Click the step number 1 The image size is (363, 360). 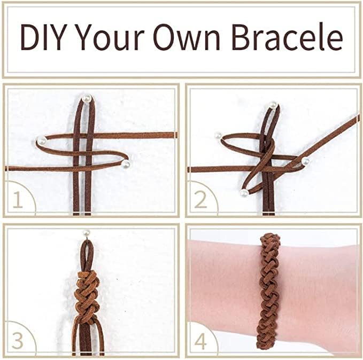18,200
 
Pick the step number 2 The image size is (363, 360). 200,200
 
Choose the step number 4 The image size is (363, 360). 200,340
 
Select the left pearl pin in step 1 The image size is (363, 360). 41,141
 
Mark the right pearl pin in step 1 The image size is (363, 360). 126,163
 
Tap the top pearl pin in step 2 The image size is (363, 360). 273,105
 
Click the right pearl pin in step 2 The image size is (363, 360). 305,161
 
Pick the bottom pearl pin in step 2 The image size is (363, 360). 244,193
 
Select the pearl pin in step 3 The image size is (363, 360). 86,233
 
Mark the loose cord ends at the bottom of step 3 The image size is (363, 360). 88,339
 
